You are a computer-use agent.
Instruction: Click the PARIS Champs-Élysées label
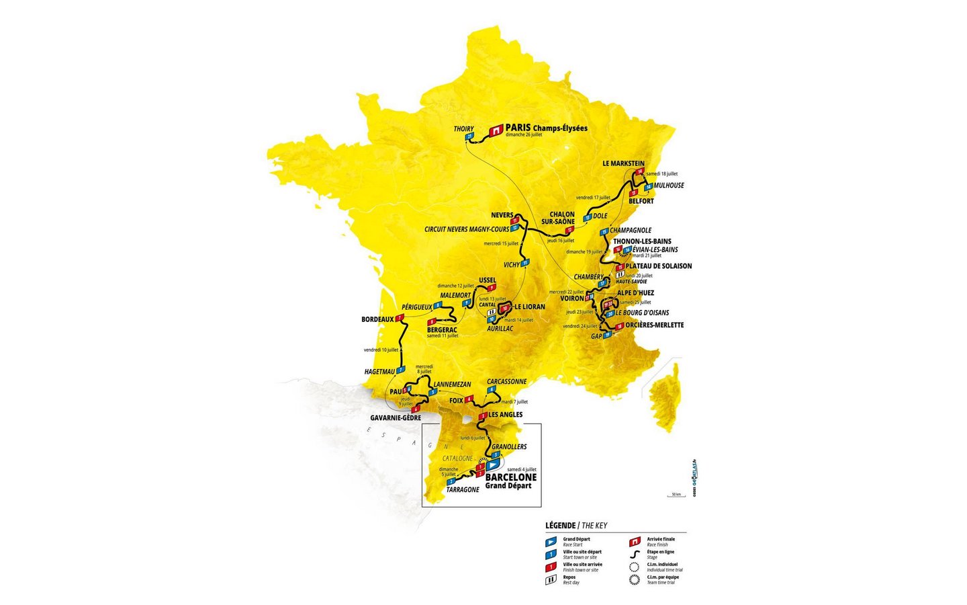click(x=546, y=128)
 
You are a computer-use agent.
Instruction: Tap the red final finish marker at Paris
click(x=496, y=130)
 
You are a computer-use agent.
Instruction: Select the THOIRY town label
click(x=463, y=129)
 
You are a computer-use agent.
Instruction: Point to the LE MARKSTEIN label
click(x=623, y=163)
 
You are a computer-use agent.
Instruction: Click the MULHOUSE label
click(x=669, y=186)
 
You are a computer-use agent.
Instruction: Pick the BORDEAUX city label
click(x=377, y=319)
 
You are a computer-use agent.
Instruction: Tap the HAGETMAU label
click(x=379, y=371)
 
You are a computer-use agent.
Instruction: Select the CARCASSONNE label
click(x=507, y=382)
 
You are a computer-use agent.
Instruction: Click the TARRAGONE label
click(x=463, y=489)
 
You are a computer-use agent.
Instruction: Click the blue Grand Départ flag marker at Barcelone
click(x=494, y=464)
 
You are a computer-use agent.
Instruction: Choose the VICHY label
click(x=512, y=265)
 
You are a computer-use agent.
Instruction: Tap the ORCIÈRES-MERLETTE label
click(x=654, y=325)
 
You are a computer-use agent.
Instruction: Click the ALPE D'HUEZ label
click(x=635, y=293)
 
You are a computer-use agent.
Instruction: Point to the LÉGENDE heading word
click(x=560, y=526)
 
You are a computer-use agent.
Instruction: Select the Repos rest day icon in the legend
click(x=551, y=579)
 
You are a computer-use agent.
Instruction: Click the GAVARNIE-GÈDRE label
click(x=396, y=417)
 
